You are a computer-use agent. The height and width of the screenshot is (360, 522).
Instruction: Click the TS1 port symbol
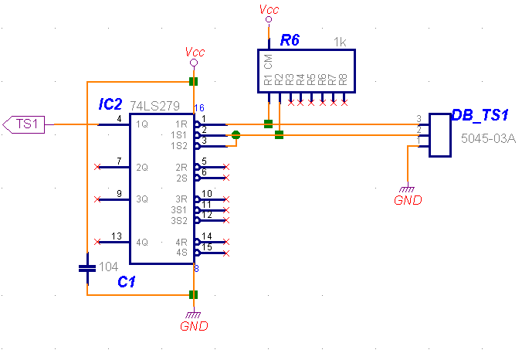coord(24,124)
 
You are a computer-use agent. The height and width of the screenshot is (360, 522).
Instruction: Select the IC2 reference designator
coord(110,104)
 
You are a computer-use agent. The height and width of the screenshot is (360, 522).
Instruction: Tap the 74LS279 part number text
coord(154,106)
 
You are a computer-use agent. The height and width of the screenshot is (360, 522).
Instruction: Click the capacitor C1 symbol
coord(87,268)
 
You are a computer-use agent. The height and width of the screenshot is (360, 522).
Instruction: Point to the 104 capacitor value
coord(109,267)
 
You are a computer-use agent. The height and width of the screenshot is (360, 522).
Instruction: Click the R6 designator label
coord(290,40)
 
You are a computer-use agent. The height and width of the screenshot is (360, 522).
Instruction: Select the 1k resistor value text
coord(340,42)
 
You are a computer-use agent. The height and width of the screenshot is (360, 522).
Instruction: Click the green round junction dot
coord(236,135)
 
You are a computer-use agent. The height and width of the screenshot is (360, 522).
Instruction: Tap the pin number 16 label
coord(199,108)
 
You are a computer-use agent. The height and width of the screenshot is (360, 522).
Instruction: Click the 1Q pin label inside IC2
coord(142,124)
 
